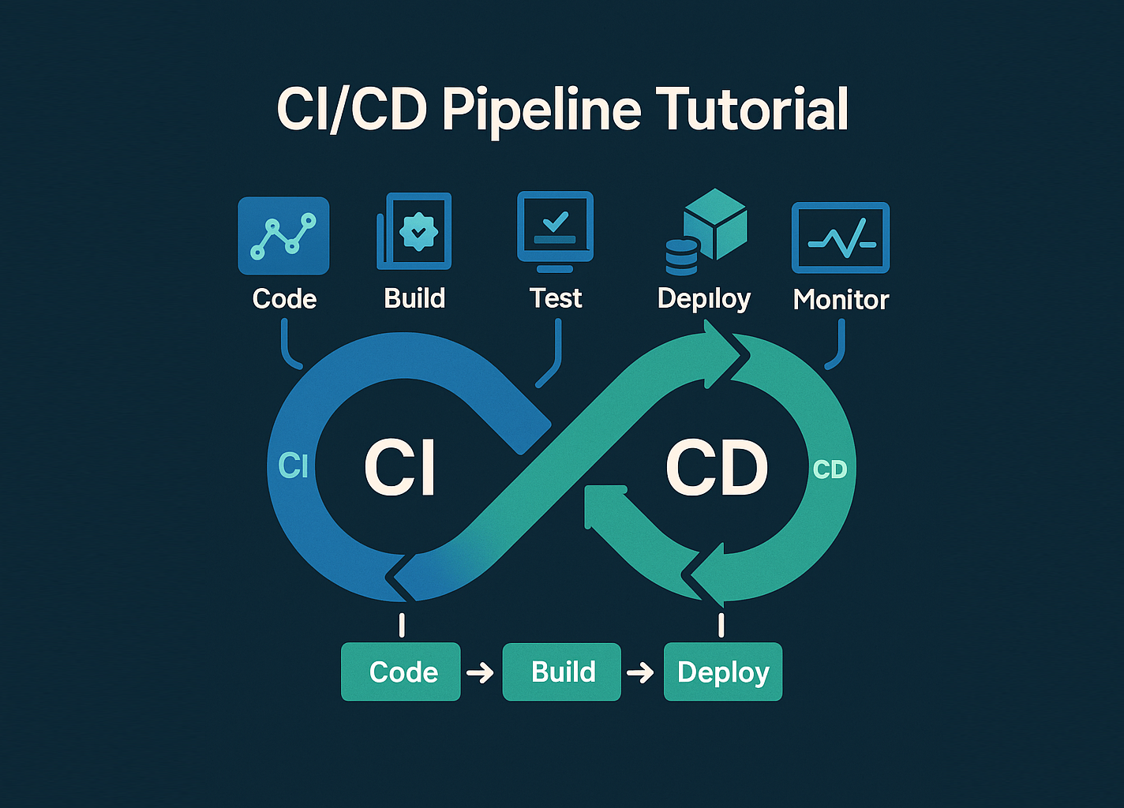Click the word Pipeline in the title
pyautogui.click(x=541, y=110)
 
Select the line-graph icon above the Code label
pyautogui.click(x=283, y=236)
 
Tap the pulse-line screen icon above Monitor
pyautogui.click(x=841, y=237)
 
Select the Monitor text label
pyautogui.click(x=841, y=300)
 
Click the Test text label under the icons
pyautogui.click(x=556, y=298)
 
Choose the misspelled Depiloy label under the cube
pyautogui.click(x=703, y=298)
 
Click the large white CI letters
pyautogui.click(x=400, y=468)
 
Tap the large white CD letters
pyautogui.click(x=717, y=468)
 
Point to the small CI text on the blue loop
pyautogui.click(x=293, y=466)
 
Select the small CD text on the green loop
pyautogui.click(x=830, y=470)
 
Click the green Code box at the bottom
pyautogui.click(x=401, y=671)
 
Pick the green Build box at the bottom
pyautogui.click(x=562, y=671)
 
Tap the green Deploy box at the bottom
pyautogui.click(x=723, y=671)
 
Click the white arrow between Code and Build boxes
pyautogui.click(x=480, y=673)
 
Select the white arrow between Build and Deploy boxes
pyautogui.click(x=640, y=673)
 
